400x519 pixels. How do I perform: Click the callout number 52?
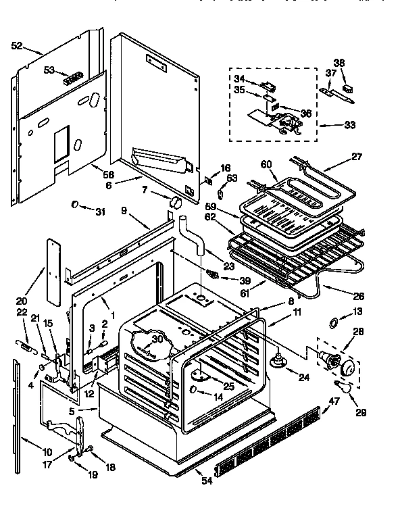pyautogui.click(x=17, y=46)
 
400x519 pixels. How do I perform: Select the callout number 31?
pyautogui.click(x=101, y=212)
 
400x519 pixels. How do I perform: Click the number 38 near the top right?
pyautogui.click(x=339, y=63)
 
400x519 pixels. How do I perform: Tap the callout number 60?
pyautogui.click(x=266, y=164)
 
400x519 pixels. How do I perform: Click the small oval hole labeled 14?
pyautogui.click(x=195, y=390)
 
